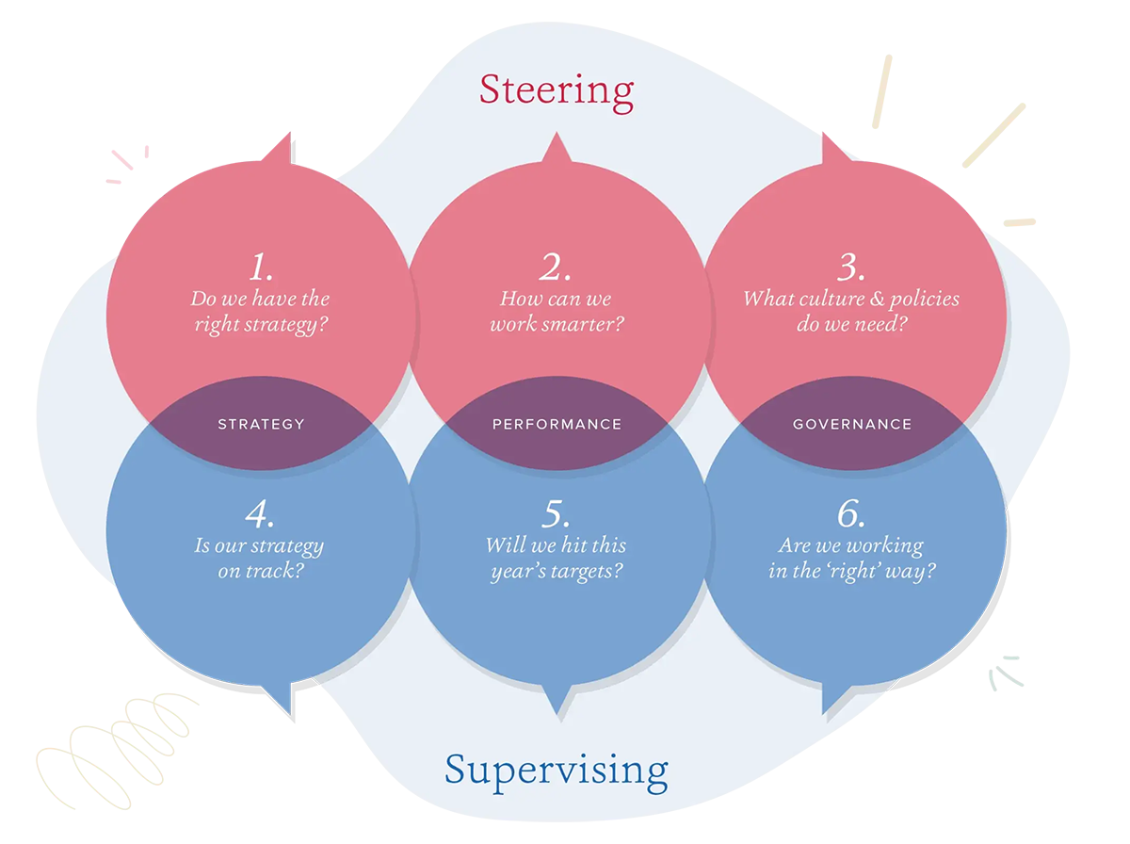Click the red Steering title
coord(557,90)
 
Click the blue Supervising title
coord(557,771)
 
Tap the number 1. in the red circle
coord(261,268)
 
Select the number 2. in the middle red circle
coord(556,268)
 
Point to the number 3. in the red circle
coord(851,268)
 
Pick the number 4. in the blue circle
coord(260,514)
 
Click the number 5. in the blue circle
coord(556,514)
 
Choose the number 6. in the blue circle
coord(851,514)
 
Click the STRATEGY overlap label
coord(261,424)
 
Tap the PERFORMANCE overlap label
coord(557,424)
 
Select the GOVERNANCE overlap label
coord(852,424)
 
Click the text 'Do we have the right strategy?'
coord(261,313)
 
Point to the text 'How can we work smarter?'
coord(557,313)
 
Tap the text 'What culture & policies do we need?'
coord(851,313)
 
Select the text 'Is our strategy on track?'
coord(260,558)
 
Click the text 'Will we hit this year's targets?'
coord(556,558)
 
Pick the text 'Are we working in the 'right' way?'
coord(851,558)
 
